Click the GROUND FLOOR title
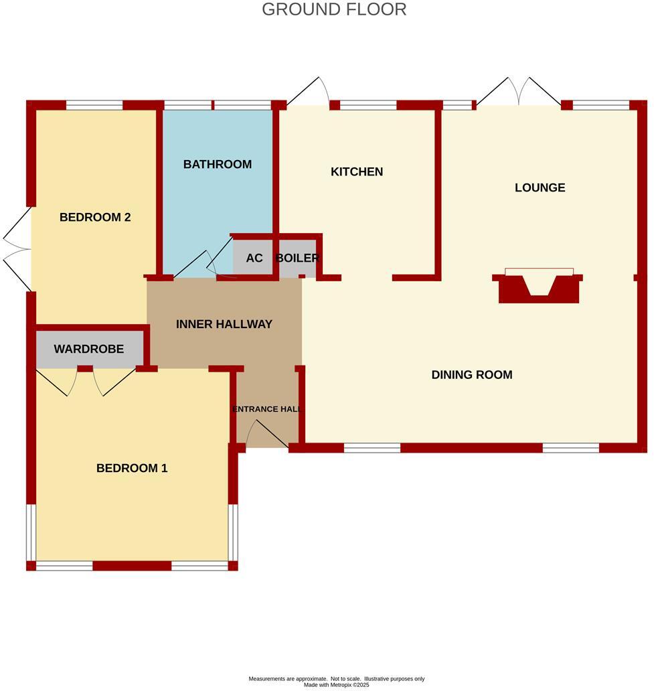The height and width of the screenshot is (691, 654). [333, 9]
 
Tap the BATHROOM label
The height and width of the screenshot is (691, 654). [218, 164]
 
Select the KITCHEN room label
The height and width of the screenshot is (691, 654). [357, 171]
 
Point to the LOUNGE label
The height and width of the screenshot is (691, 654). [540, 187]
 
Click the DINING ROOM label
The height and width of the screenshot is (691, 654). [472, 374]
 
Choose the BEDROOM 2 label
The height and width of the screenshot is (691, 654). [95, 217]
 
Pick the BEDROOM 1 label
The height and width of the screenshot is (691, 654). [132, 468]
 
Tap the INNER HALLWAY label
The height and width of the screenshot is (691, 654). [224, 324]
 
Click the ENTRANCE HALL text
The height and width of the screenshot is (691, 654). [267, 409]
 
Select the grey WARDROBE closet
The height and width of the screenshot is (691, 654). [89, 349]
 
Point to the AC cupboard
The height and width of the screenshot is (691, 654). [254, 258]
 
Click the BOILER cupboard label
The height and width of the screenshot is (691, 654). [297, 258]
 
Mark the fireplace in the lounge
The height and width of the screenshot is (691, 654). [538, 287]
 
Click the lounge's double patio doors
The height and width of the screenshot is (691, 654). [519, 92]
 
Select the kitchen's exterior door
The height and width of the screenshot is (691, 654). [309, 92]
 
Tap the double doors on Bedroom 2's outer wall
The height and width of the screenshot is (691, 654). [17, 250]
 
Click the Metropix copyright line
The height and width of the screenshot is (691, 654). [336, 684]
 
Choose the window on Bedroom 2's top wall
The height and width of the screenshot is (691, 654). [94, 104]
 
